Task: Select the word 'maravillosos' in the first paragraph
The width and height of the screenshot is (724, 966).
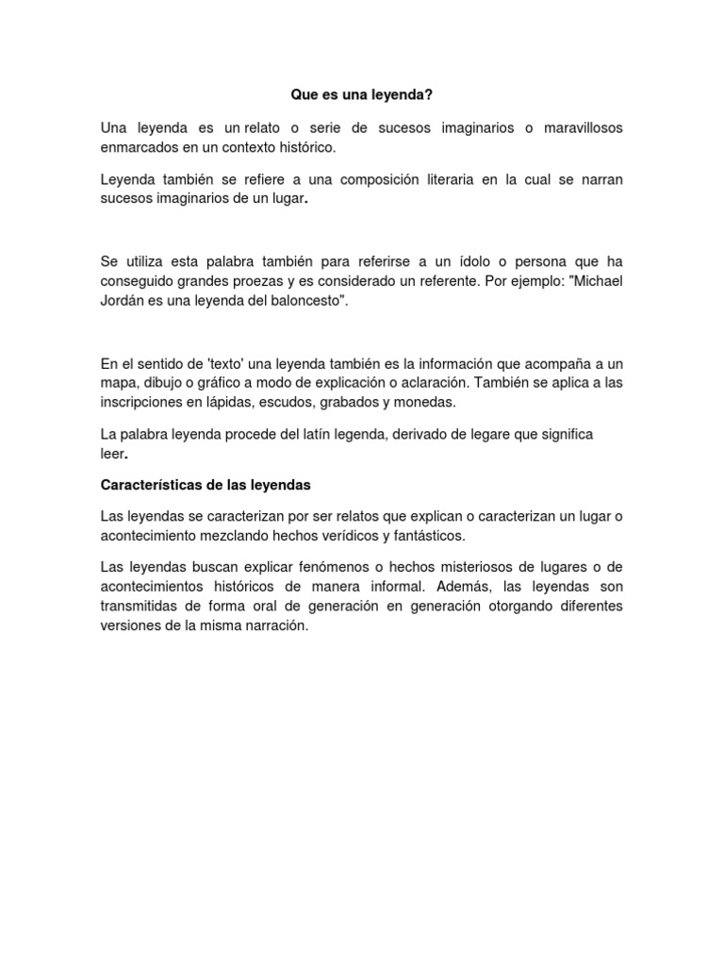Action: point(577,127)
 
